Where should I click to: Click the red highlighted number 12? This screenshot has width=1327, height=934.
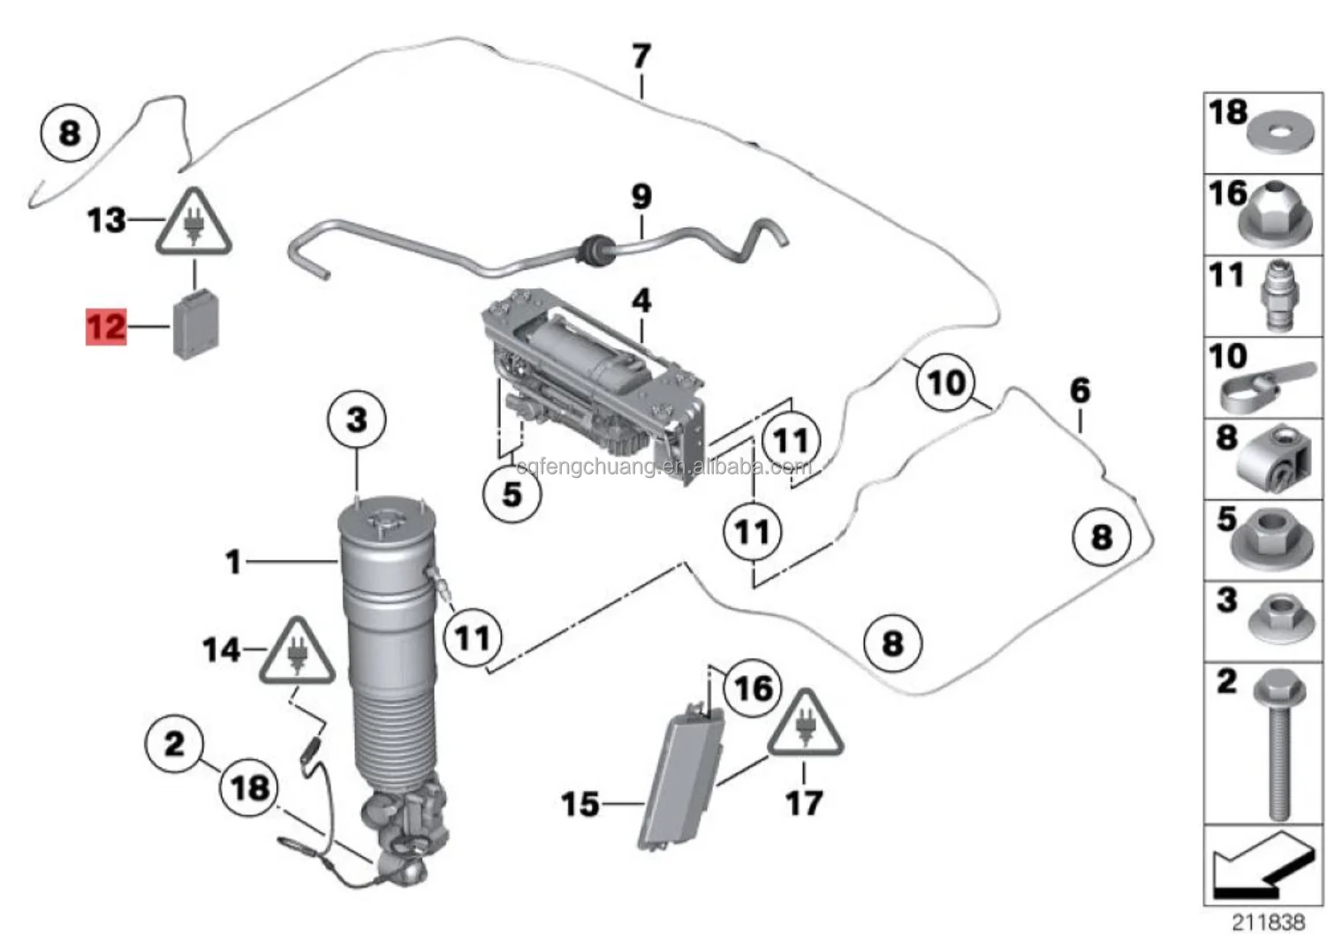[106, 327]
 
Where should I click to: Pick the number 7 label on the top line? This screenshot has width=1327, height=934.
[641, 57]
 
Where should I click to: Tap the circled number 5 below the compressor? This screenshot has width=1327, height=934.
[512, 493]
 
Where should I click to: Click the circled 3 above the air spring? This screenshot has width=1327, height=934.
[356, 419]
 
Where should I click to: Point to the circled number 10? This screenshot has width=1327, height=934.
[945, 383]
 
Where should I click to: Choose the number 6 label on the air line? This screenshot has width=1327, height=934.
[1080, 390]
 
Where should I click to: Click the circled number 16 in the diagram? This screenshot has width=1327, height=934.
[753, 687]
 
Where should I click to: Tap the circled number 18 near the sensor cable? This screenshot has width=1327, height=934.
[250, 787]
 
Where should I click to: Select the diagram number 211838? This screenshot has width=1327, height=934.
[1268, 922]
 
